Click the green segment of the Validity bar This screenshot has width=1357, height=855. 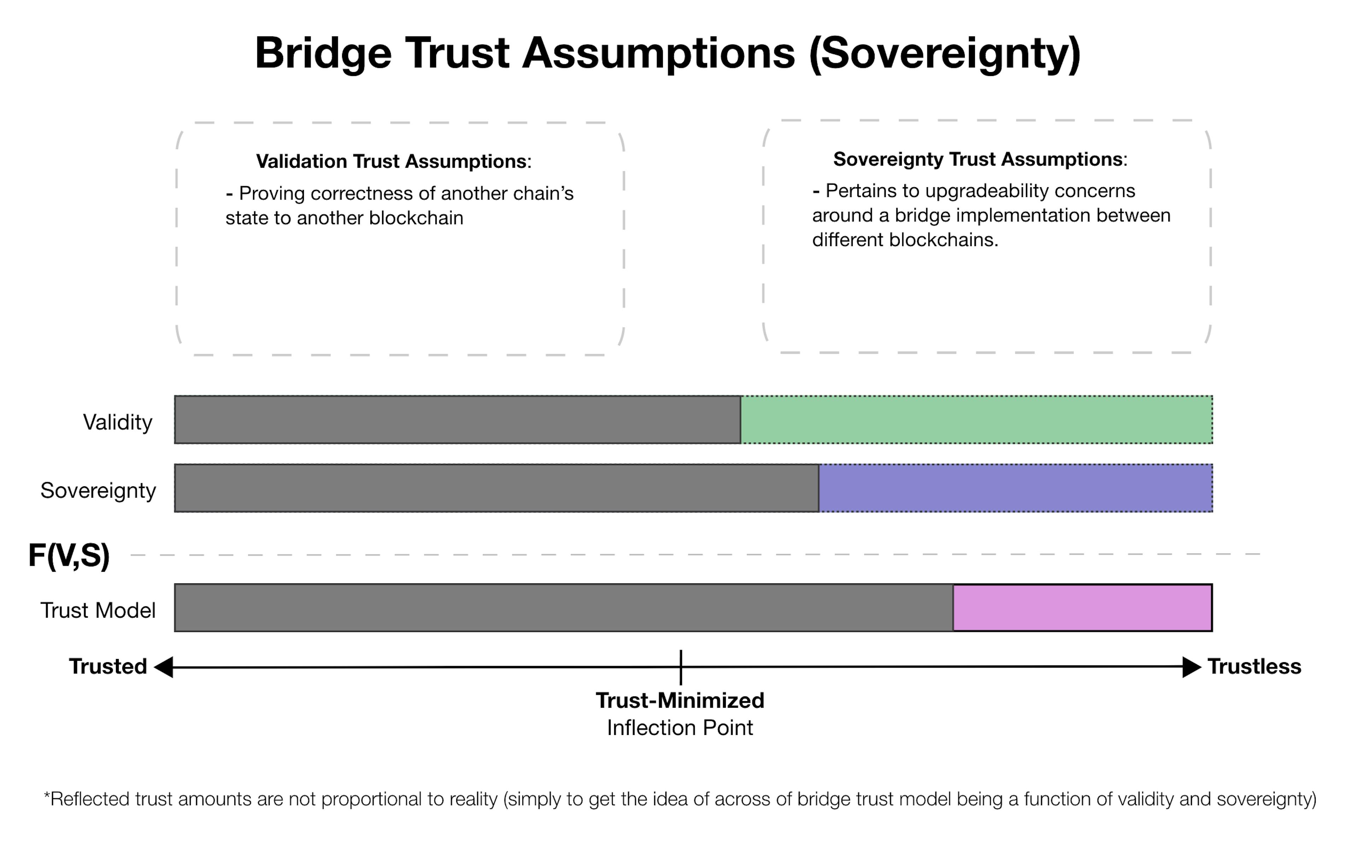tap(977, 420)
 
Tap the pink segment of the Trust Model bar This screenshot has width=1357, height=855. tap(1082, 608)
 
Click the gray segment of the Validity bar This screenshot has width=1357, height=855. tap(458, 420)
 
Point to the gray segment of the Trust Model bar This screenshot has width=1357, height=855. tap(564, 608)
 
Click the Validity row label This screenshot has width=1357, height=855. tap(118, 422)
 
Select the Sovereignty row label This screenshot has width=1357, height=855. tap(98, 491)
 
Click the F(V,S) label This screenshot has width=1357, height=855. tap(69, 556)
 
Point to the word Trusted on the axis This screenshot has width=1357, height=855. tap(108, 667)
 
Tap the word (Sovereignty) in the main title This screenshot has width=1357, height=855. tap(945, 53)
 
